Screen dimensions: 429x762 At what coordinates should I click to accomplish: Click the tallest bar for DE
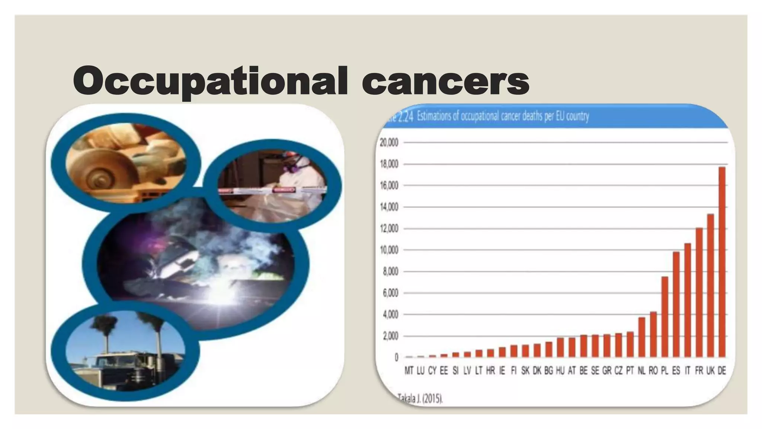[722, 262]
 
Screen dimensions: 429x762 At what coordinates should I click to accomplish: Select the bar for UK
[710, 286]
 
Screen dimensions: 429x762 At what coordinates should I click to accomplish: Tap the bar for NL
[641, 337]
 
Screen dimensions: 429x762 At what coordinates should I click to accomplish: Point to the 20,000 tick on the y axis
[389, 143]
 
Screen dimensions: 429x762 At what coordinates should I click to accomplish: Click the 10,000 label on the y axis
[389, 250]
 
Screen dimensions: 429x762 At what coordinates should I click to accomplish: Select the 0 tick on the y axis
[396, 357]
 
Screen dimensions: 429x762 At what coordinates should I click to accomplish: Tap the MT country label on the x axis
[409, 371]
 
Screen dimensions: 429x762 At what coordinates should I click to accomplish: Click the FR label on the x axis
[699, 371]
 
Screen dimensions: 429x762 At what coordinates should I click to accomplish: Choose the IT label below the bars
[687, 371]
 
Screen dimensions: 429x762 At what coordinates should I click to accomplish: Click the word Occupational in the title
[210, 81]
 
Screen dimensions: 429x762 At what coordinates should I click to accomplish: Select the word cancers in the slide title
[445, 81]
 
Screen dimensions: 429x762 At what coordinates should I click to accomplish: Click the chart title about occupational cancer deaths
[502, 117]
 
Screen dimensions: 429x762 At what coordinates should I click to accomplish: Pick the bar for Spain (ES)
[676, 304]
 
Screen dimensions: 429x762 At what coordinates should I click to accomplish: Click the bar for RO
[653, 334]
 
